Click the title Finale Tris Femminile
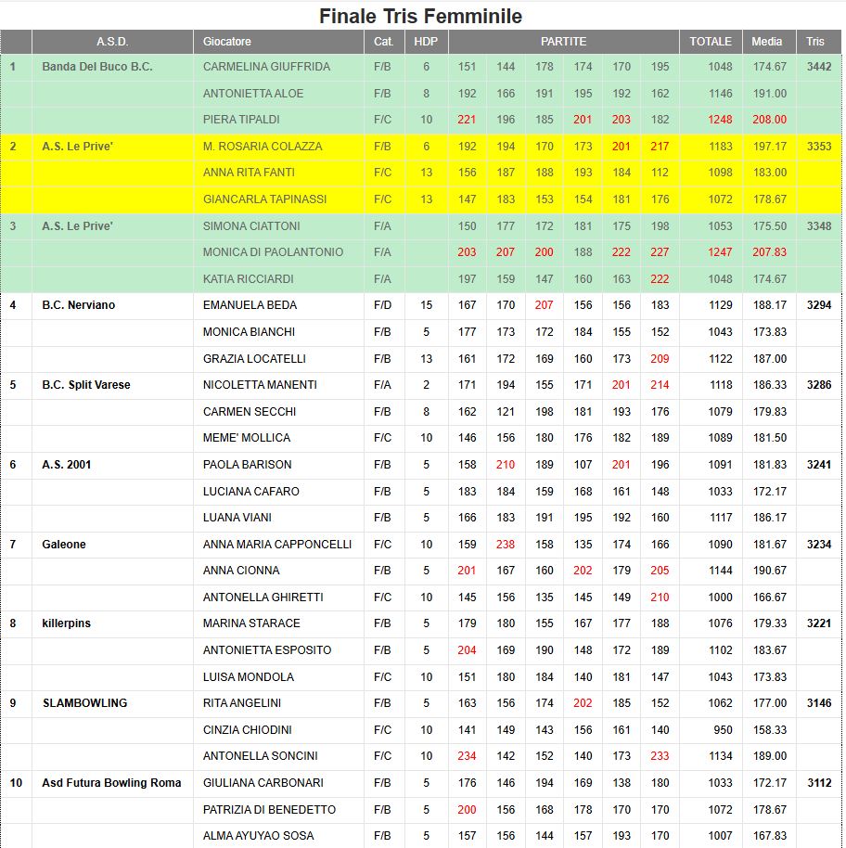point(420,16)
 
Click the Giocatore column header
point(227,42)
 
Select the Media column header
point(766,42)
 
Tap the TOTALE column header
point(711,42)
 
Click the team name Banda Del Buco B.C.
point(97,67)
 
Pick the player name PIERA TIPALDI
point(241,120)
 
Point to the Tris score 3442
point(819,67)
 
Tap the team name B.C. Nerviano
point(79,305)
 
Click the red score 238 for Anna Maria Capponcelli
point(506,545)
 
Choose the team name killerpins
point(67,623)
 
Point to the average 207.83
point(770,252)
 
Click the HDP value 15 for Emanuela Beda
point(426,305)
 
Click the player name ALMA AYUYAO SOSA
point(258,836)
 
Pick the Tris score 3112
point(819,783)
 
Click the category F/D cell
point(382,305)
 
